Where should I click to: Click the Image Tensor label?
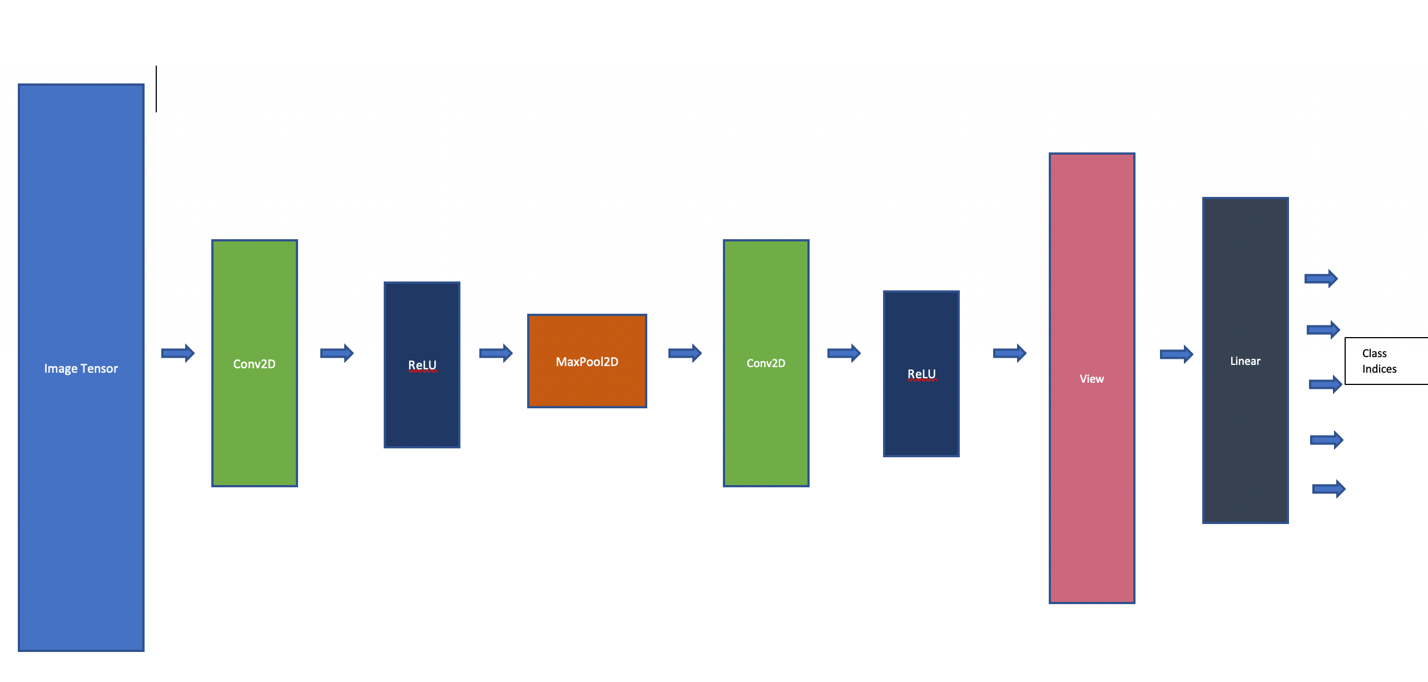click(x=81, y=368)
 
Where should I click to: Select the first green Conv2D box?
click(x=255, y=363)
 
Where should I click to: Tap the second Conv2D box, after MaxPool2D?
click(x=766, y=363)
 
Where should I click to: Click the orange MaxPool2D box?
click(x=587, y=361)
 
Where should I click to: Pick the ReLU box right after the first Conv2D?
click(x=422, y=365)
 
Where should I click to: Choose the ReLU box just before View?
click(x=921, y=374)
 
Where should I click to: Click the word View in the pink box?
click(x=1092, y=379)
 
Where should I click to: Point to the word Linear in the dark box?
click(x=1245, y=361)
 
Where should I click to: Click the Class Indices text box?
click(x=1385, y=361)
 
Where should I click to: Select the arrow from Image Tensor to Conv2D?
click(x=178, y=353)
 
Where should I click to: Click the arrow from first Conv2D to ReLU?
click(x=337, y=353)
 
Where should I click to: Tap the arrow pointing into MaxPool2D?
click(x=496, y=353)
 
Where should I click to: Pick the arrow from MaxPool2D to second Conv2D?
click(x=685, y=353)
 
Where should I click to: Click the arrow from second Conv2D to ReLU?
click(x=844, y=353)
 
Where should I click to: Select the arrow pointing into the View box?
click(x=1010, y=353)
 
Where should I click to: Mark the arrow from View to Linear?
click(x=1177, y=354)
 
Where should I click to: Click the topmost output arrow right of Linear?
click(x=1321, y=278)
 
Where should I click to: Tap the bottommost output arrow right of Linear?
click(x=1329, y=489)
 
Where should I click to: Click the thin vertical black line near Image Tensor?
click(x=156, y=89)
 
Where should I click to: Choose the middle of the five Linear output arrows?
click(x=1326, y=384)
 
